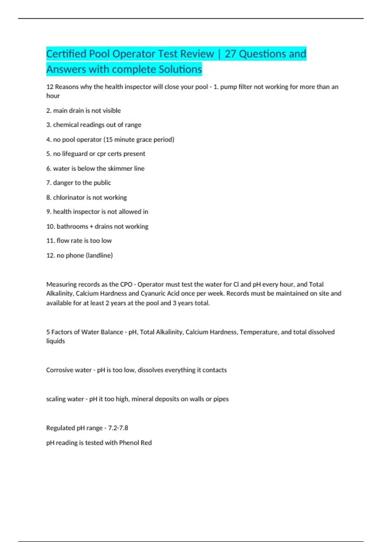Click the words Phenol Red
(135, 443)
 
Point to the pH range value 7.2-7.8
(118, 428)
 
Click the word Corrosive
(59, 370)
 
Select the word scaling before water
(54, 399)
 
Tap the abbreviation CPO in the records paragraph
(126, 284)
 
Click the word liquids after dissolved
(55, 341)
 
